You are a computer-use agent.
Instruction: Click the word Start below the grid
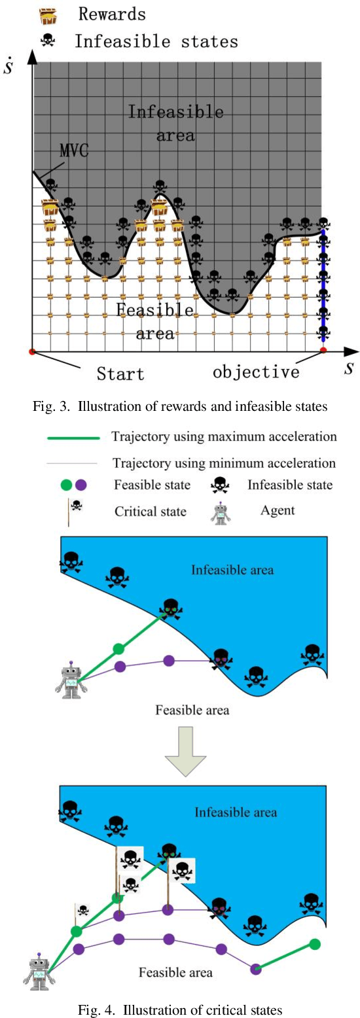120,374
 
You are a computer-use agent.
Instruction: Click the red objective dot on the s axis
323,352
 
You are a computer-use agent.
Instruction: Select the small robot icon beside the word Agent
221,514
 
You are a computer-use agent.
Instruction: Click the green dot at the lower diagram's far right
315,944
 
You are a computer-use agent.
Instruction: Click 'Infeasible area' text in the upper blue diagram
232,570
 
